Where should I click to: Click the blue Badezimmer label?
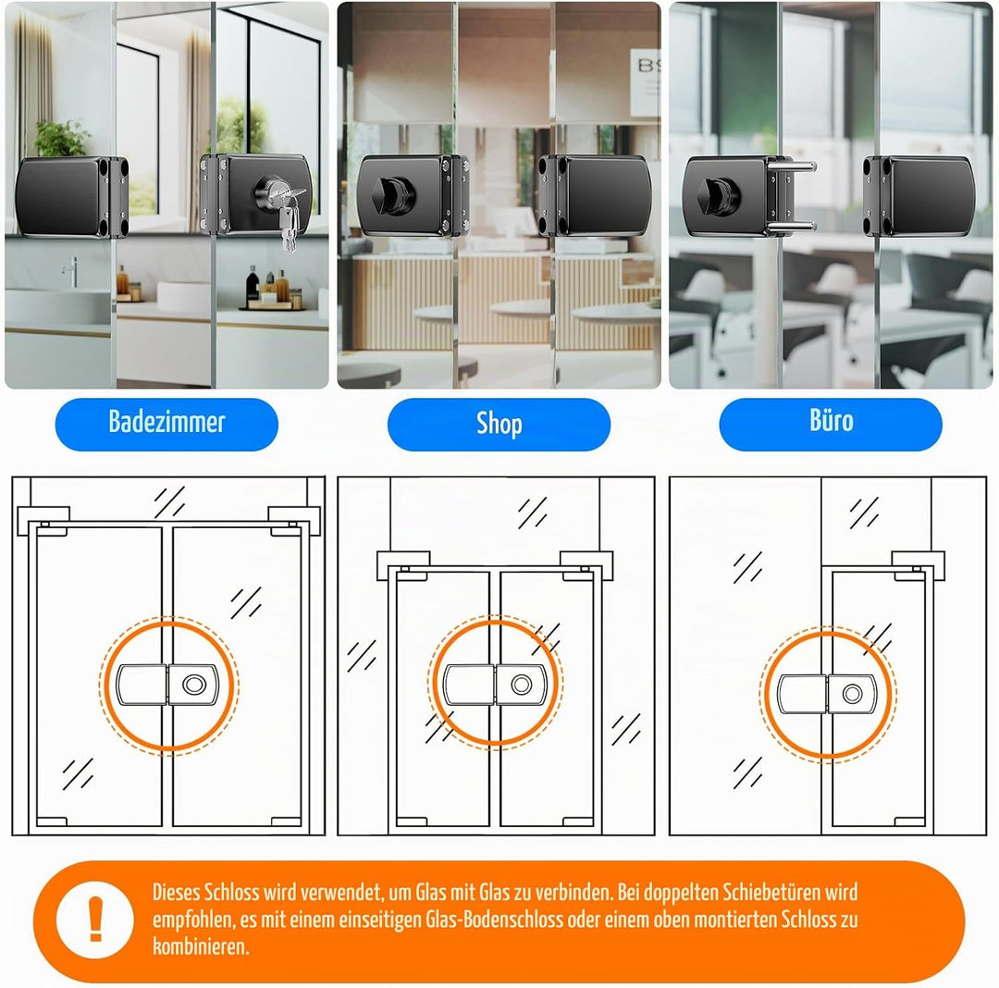[166, 425]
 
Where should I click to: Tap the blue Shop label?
[499, 425]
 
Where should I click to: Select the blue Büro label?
[831, 425]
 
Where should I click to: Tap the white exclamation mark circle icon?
[95, 920]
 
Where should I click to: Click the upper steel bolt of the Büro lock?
[791, 167]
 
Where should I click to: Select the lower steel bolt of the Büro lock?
[791, 226]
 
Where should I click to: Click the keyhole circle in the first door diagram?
[194, 685]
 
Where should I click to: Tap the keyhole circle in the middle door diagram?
[521, 685]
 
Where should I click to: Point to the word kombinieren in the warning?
[201, 946]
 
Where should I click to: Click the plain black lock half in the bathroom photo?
[72, 196]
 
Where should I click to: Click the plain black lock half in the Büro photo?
[919, 196]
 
